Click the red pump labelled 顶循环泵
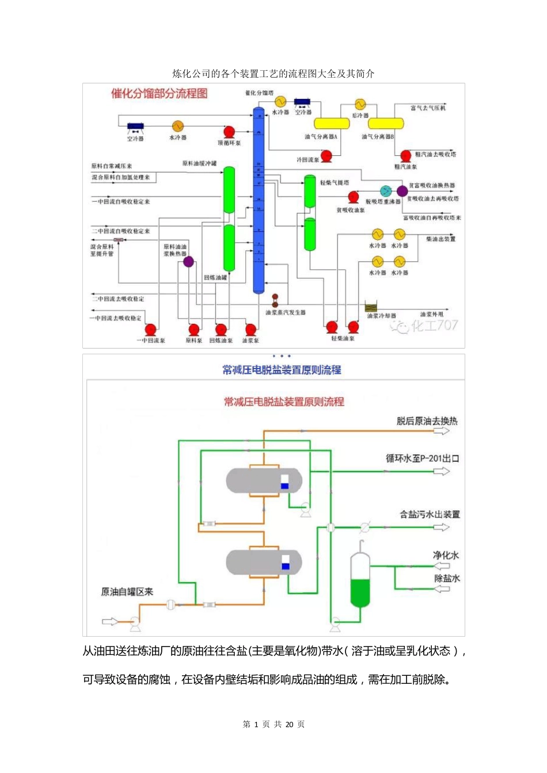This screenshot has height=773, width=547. [229, 132]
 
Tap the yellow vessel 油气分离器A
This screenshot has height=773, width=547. [331, 123]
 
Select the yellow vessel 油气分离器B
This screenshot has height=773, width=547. [385, 123]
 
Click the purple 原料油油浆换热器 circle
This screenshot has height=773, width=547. [188, 262]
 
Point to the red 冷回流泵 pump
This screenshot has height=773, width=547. [326, 155]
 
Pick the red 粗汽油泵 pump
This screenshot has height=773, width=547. [406, 156]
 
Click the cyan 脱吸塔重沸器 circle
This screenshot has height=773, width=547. [386, 191]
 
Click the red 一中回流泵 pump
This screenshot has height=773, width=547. [150, 330]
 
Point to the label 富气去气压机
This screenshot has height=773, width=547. [428, 108]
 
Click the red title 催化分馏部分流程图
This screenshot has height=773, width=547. [159, 94]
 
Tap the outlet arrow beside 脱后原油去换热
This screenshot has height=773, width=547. [442, 431]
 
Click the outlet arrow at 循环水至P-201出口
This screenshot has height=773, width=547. [442, 472]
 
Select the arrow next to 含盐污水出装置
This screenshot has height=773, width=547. [442, 527]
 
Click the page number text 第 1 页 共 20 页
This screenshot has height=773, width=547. [273, 724]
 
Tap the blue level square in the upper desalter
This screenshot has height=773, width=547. [284, 487]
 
